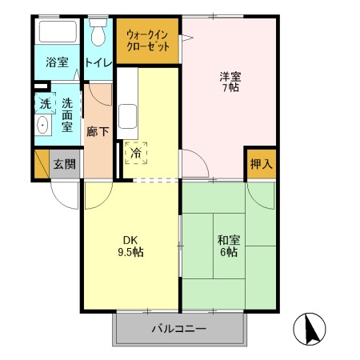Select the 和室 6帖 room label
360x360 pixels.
click(x=228, y=245)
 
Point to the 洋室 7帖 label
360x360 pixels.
click(x=230, y=82)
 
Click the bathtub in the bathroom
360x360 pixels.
click(x=58, y=33)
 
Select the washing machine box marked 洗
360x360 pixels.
click(x=45, y=104)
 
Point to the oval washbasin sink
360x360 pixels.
click(x=42, y=126)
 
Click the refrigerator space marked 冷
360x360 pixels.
click(x=136, y=151)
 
